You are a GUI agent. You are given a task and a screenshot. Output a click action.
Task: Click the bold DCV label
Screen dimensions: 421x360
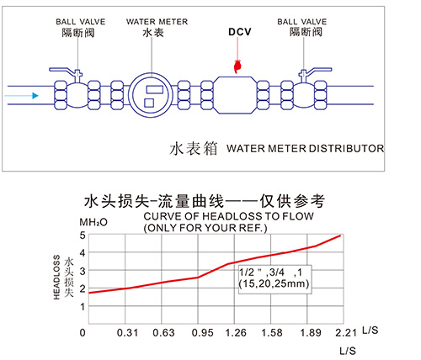pyautogui.click(x=240, y=32)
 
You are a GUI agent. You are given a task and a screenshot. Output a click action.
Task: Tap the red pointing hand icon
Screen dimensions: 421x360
pyautogui.click(x=237, y=66)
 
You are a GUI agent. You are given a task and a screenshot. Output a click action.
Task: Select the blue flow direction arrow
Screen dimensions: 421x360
pyautogui.click(x=21, y=96)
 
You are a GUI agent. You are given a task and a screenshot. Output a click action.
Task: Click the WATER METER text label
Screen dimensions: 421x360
pyautogui.click(x=157, y=22)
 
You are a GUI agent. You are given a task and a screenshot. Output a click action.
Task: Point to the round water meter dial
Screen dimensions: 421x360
pyautogui.click(x=152, y=95)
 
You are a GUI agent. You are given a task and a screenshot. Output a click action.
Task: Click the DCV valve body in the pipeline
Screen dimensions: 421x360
pyautogui.click(x=236, y=95)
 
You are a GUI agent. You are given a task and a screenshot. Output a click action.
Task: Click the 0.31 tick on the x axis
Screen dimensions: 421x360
pyautogui.click(x=127, y=333)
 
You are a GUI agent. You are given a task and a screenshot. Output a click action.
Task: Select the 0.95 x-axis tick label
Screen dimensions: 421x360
pyautogui.click(x=203, y=333)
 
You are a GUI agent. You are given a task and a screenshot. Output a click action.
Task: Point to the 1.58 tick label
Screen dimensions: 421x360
pyautogui.click(x=272, y=333)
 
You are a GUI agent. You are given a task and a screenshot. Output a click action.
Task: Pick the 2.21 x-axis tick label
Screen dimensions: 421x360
pyautogui.click(x=346, y=333)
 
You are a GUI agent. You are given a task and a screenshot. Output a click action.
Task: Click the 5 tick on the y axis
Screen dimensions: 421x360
pyautogui.click(x=83, y=235)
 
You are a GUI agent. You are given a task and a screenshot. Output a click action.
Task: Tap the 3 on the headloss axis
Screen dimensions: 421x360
pyautogui.click(x=83, y=271)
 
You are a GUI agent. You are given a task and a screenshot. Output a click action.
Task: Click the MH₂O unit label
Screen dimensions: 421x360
pyautogui.click(x=93, y=222)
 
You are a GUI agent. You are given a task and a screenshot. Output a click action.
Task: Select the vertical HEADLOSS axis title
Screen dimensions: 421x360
pyautogui.click(x=56, y=277)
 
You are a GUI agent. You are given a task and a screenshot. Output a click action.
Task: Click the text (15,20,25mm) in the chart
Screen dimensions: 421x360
pyautogui.click(x=274, y=283)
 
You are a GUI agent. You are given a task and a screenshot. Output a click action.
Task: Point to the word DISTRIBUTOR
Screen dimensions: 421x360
pyautogui.click(x=346, y=148)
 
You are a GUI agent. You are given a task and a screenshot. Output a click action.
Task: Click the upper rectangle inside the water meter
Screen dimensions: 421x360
pyautogui.click(x=155, y=90)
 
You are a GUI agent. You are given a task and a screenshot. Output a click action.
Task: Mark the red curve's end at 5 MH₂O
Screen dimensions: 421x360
pyautogui.click(x=340, y=236)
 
